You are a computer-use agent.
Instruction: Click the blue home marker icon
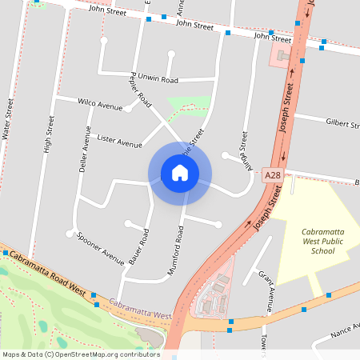[x=179, y=173]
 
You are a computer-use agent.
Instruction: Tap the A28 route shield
[x=272, y=175]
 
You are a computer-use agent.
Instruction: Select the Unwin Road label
[x=158, y=80]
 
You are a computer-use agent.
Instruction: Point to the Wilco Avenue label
[x=100, y=104]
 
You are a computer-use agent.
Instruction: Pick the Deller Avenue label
[x=83, y=149]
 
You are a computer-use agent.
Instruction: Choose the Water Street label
[x=10, y=120]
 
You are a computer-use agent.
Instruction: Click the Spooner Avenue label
[x=101, y=248]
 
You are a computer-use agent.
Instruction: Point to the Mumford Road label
[x=176, y=251]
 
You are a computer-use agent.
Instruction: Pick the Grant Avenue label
[x=266, y=290]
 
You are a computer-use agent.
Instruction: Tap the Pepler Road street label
[x=140, y=91]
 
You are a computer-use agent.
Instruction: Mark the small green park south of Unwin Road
[x=189, y=105]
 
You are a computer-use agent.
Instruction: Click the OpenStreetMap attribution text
[x=80, y=354]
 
